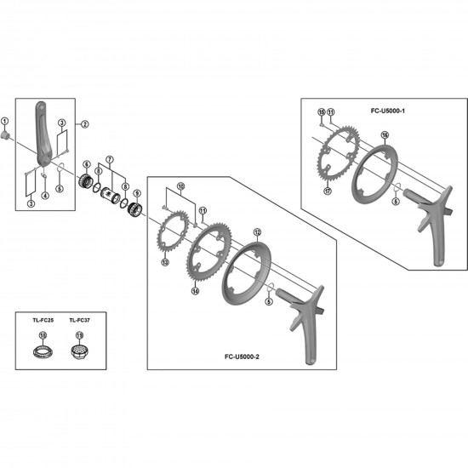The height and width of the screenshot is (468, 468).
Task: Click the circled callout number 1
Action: [x=6, y=122]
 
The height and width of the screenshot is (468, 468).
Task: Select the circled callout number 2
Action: [x=84, y=124]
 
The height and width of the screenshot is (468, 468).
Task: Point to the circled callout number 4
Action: [x=44, y=195]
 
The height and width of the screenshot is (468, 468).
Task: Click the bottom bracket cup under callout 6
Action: [x=86, y=181]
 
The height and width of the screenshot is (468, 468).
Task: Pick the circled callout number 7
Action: [x=108, y=160]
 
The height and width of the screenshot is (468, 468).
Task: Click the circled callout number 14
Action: [x=195, y=290]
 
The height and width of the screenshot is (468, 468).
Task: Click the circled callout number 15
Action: [x=321, y=111]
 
